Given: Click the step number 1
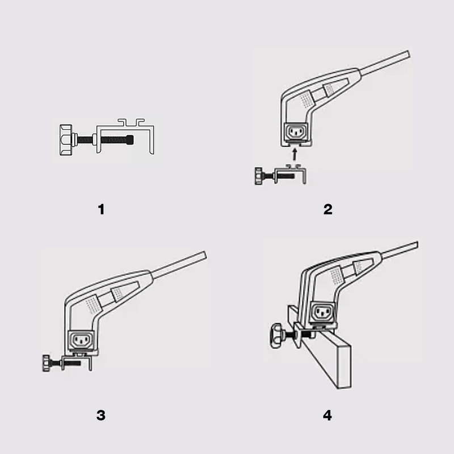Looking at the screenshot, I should tap(101, 209).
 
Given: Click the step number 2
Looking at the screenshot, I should tap(327, 209).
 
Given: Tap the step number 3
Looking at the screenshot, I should tap(101, 415).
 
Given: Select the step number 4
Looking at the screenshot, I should tap(327, 415).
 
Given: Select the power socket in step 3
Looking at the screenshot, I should tap(80, 340).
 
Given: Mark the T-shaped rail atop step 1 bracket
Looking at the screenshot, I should tap(131, 121).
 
